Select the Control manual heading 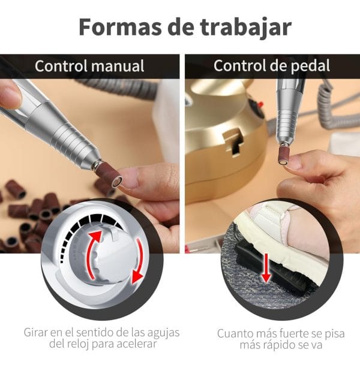coord(89,66)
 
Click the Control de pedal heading coord(272,66)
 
